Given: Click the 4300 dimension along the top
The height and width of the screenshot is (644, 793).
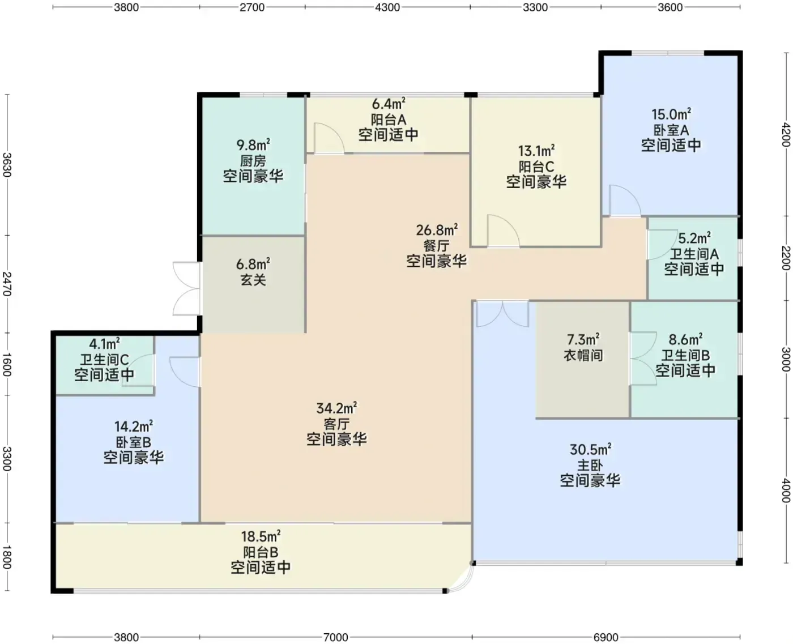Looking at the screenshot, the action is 387,7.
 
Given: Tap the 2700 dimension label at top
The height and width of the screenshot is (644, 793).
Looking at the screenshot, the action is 252,7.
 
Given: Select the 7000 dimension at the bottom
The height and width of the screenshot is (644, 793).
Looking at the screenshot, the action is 335,637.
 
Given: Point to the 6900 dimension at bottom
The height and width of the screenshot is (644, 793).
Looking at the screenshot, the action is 606,637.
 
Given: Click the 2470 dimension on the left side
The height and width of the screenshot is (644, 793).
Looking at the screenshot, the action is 7,284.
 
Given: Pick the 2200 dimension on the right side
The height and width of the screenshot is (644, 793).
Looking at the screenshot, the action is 786,258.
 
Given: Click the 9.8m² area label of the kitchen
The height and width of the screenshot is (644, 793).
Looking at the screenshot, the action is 253,144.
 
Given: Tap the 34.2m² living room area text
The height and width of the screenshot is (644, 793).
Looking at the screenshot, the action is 336,408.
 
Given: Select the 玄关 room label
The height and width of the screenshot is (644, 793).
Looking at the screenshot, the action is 253,280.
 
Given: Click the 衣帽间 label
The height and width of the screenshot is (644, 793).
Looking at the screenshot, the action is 583,355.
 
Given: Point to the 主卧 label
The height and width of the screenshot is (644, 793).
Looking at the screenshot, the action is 590,466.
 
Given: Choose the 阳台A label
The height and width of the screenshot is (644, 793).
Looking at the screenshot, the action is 389,120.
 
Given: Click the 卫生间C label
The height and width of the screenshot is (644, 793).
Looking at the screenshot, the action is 105,360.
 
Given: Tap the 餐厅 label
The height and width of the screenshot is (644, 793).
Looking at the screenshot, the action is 436,246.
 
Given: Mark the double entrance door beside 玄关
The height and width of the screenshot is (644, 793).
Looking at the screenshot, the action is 186,288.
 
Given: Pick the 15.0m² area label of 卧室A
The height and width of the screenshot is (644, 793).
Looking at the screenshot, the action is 671,114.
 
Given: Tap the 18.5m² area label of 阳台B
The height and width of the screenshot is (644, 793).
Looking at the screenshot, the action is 261,536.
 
